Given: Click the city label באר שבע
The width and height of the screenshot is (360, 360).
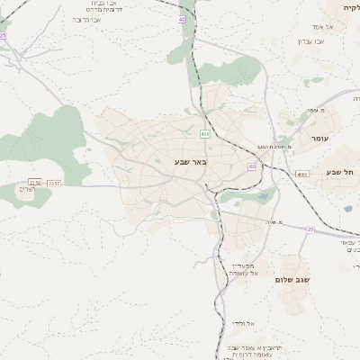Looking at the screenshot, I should click(x=191, y=162).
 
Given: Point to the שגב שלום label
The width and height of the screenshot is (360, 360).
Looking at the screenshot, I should click(x=294, y=281).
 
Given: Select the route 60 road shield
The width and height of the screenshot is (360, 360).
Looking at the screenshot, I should click(x=252, y=166).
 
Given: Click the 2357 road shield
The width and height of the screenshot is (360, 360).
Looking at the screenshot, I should click(x=55, y=183).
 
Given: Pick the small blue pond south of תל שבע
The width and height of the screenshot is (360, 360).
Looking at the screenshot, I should click(x=347, y=209).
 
